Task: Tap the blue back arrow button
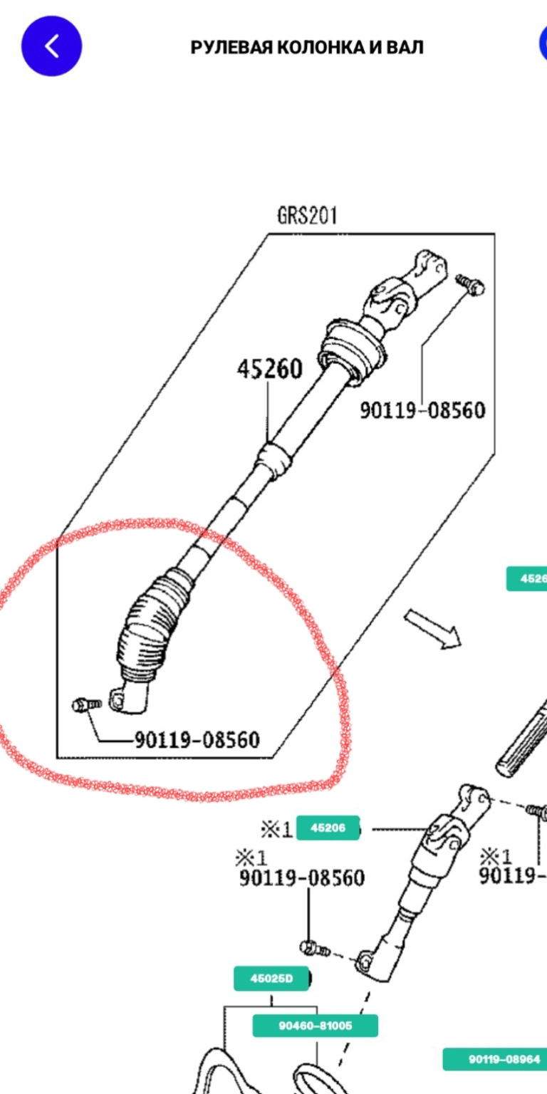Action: click(51, 46)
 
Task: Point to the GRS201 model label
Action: click(307, 216)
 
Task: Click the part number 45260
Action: click(269, 369)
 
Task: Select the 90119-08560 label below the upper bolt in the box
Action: click(422, 410)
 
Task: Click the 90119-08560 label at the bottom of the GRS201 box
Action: click(197, 740)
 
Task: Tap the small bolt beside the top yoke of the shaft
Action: click(470, 283)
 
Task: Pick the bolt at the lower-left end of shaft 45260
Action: click(85, 705)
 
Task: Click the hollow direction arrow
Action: click(433, 628)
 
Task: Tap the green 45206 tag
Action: click(328, 828)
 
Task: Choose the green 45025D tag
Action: click(271, 979)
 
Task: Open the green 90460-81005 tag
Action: click(316, 1026)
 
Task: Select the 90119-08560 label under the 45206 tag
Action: click(301, 878)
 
